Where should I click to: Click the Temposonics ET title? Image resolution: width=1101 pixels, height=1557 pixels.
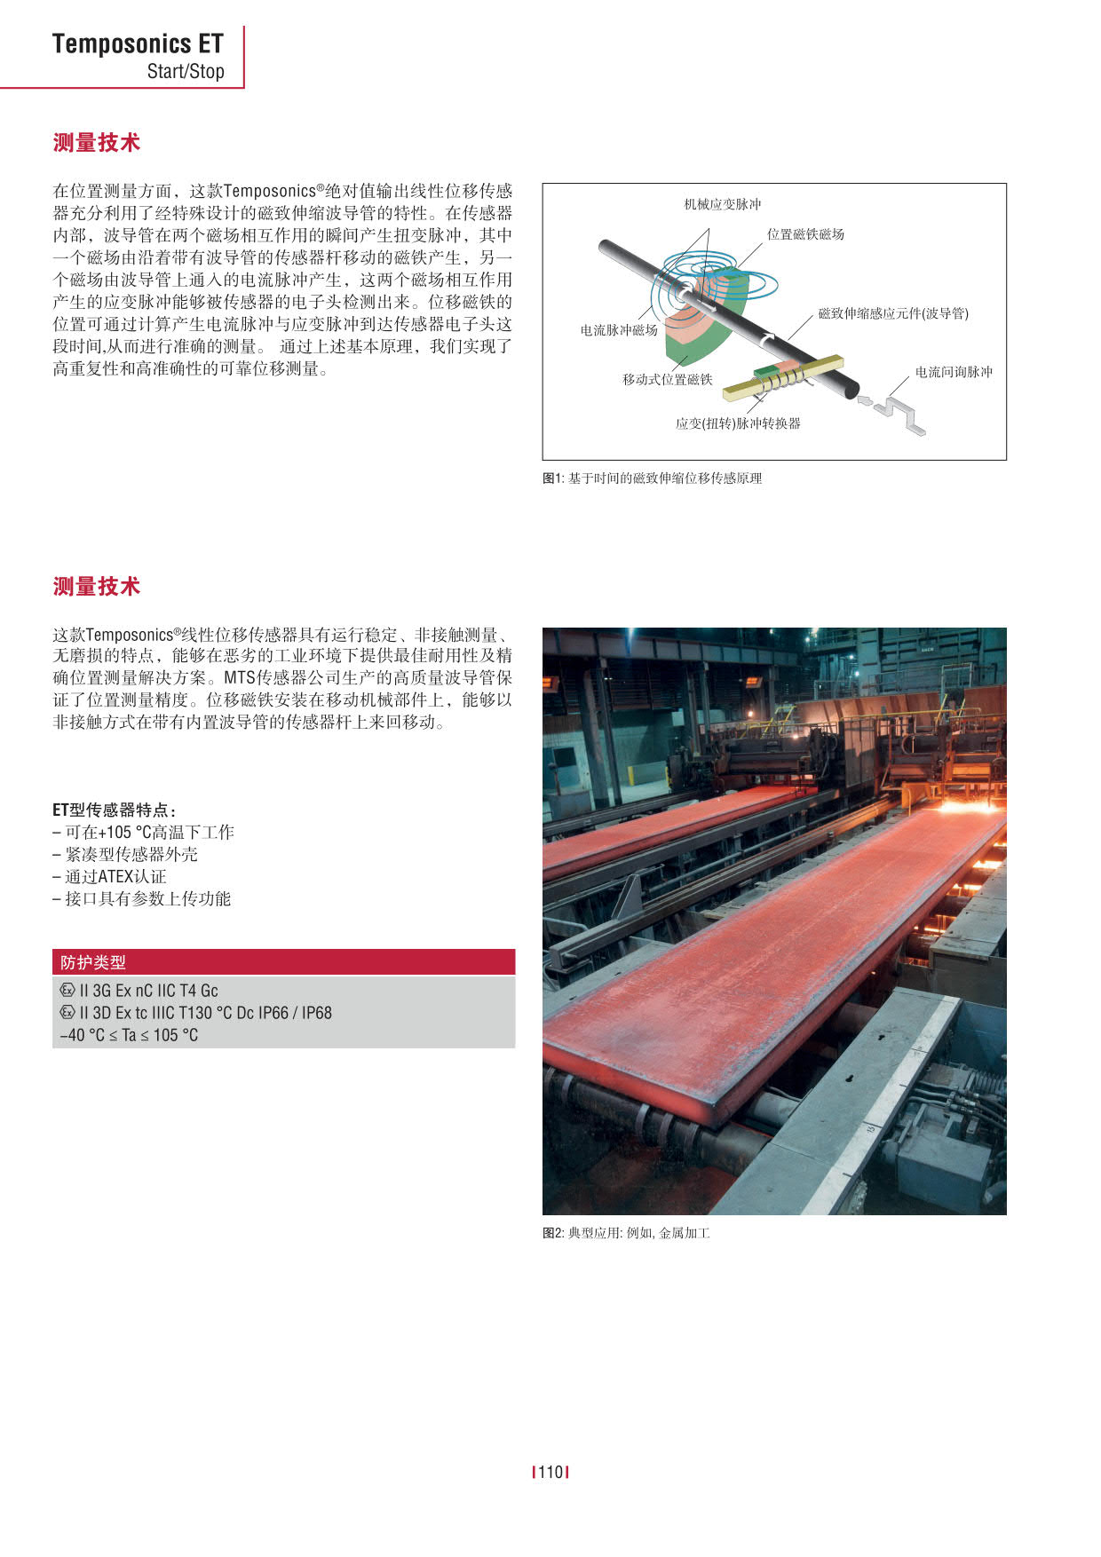(138, 43)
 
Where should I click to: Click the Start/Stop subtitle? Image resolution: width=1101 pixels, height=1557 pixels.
(186, 72)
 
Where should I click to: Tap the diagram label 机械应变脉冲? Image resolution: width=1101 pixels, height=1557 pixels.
(722, 204)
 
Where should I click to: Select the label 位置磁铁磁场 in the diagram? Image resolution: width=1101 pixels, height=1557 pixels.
(805, 234)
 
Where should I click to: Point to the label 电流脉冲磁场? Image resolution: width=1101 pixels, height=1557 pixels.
(619, 330)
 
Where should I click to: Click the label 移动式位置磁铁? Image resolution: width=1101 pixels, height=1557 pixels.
(667, 380)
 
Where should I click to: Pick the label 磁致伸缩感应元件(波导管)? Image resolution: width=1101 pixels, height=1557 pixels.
(892, 313)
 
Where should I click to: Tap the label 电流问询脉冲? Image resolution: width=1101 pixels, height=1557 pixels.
(954, 372)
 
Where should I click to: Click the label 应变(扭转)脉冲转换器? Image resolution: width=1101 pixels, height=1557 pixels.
(737, 423)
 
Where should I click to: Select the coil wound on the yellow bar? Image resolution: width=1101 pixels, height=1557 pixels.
(783, 380)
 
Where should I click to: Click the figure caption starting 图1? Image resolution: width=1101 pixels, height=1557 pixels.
(652, 478)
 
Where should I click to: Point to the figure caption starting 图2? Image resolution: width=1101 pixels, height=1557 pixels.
(626, 1233)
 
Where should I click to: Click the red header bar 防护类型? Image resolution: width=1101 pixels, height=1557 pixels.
(283, 962)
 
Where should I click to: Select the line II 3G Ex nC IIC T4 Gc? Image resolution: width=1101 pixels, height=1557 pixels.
(148, 991)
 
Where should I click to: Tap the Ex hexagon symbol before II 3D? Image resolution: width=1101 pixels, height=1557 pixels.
(67, 1013)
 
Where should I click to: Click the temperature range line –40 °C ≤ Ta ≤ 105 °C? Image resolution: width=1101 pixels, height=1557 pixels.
(129, 1035)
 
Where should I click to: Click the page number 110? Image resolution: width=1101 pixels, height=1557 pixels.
(550, 1473)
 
